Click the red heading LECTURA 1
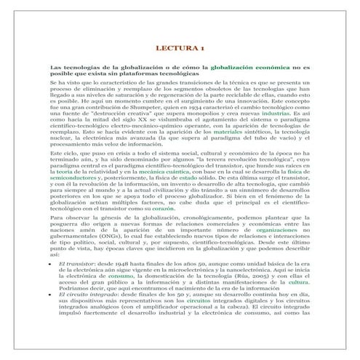[180, 48]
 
